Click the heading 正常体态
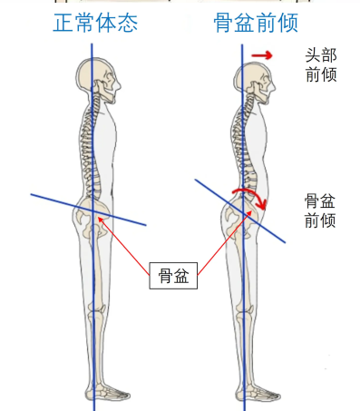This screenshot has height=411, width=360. tap(94, 24)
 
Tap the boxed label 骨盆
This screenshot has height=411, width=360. tap(173, 276)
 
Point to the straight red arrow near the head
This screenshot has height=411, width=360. tap(262, 56)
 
